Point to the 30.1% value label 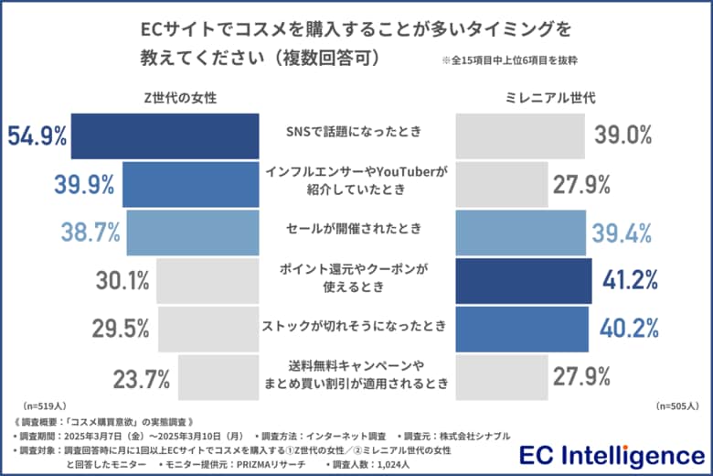pyautogui.click(x=122, y=281)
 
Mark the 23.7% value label pyautogui.click(x=142, y=377)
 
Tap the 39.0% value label pyautogui.click(x=623, y=135)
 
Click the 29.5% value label pyautogui.click(x=122, y=330)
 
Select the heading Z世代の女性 pyautogui.click(x=180, y=97)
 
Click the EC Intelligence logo pyautogui.click(x=610, y=455)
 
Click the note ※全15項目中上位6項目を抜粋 pyautogui.click(x=509, y=61)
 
